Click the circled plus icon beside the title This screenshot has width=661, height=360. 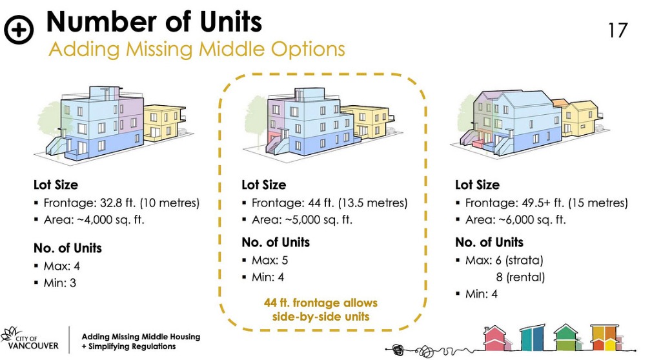pos(19,30)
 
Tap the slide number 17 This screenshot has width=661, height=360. pos(618,30)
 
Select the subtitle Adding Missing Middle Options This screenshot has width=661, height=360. pos(196,49)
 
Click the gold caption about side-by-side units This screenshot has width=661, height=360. pos(321,310)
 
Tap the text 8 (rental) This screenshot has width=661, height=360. pos(521,277)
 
